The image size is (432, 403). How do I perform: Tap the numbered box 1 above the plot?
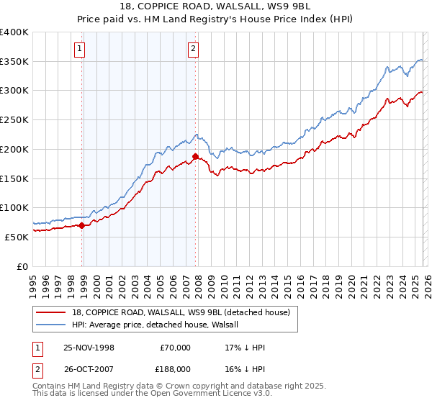point(79,49)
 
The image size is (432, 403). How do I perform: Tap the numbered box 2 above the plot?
point(194,49)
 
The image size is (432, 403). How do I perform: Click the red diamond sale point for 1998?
point(81,225)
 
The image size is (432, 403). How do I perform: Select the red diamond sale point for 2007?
point(195,156)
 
